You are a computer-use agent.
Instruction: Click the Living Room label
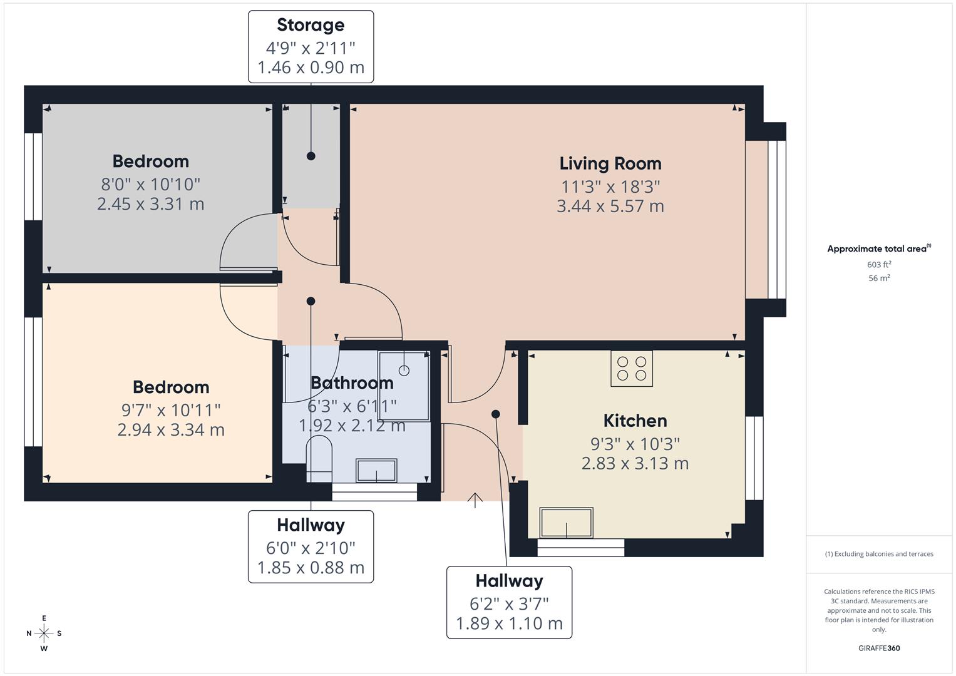(610, 163)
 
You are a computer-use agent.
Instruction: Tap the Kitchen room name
(635, 421)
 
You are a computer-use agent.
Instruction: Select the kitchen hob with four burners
(632, 369)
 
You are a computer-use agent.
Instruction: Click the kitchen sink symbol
(567, 523)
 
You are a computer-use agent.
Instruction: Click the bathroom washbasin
(376, 471)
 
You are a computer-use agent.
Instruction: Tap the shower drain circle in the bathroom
(404, 371)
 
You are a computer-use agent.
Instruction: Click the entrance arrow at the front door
(475, 500)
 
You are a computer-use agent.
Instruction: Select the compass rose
(44, 633)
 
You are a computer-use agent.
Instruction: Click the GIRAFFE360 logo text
(878, 648)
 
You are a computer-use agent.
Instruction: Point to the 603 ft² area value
(878, 265)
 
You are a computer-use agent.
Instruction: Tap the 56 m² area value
(878, 279)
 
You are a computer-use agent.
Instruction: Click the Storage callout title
(311, 25)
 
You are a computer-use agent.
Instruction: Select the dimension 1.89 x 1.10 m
(509, 624)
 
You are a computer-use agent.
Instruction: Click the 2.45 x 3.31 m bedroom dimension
(150, 204)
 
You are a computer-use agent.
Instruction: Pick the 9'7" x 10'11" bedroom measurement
(170, 410)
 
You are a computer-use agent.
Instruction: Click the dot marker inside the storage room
(311, 156)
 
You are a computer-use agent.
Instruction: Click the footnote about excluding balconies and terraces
(878, 554)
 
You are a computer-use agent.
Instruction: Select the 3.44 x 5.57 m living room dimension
(610, 206)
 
